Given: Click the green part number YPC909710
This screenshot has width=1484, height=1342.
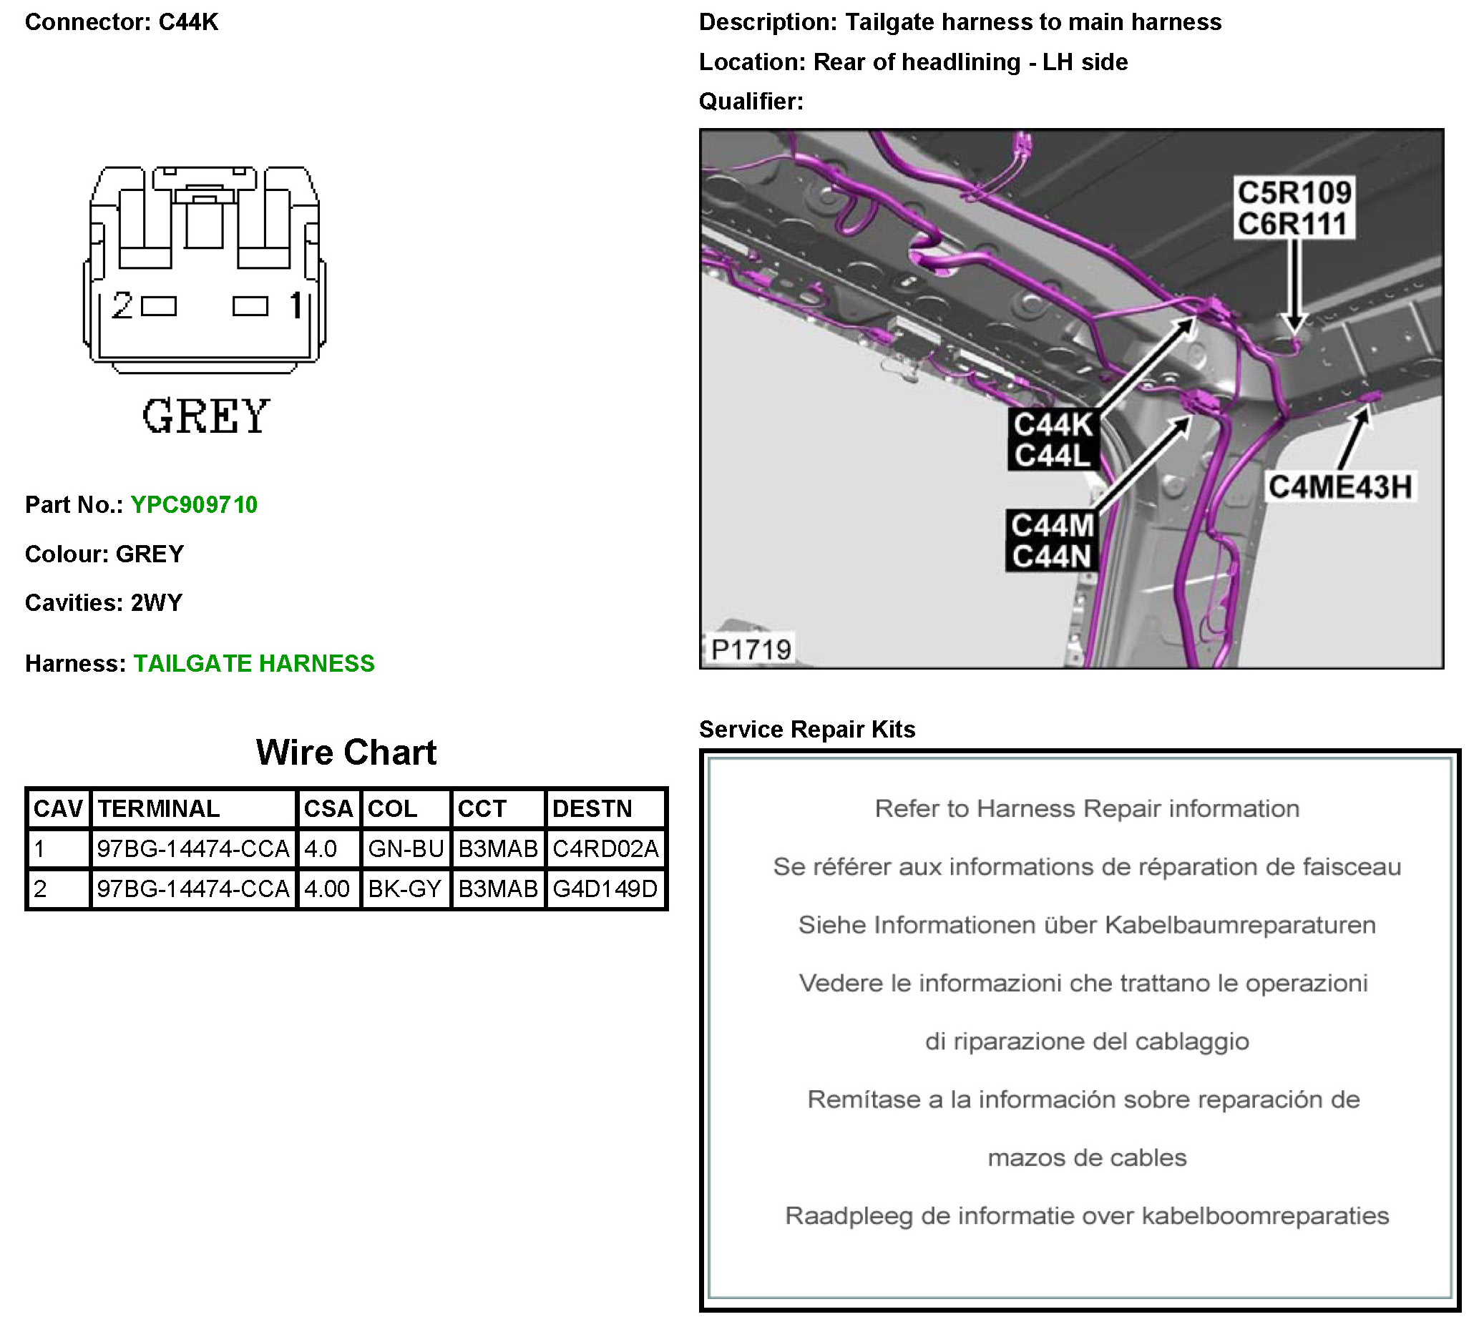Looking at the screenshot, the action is click(x=194, y=505).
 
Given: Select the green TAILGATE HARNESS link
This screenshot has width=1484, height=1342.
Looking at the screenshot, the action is click(x=254, y=664).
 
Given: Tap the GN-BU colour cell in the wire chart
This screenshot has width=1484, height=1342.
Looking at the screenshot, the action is click(x=406, y=849).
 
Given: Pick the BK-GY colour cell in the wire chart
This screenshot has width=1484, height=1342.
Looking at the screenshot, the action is click(x=404, y=888).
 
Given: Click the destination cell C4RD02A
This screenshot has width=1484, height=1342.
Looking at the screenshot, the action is click(x=605, y=849).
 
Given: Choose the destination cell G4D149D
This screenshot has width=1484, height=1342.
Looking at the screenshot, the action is click(x=605, y=888).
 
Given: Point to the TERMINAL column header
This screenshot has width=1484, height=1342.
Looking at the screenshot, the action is click(x=159, y=808).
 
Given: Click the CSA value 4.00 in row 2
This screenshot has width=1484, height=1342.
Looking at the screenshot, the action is click(x=327, y=888).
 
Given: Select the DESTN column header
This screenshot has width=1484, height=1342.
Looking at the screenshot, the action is click(x=592, y=808).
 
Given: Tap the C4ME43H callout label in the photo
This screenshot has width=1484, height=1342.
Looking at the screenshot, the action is click(x=1339, y=487).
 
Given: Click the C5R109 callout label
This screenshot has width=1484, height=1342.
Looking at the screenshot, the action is click(x=1294, y=192).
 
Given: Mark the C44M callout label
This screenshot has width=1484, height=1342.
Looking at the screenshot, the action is click(x=1052, y=526).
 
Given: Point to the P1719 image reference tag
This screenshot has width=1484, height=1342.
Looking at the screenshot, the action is click(x=750, y=650).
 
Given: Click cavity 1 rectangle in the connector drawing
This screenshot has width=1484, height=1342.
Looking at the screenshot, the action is click(x=250, y=306).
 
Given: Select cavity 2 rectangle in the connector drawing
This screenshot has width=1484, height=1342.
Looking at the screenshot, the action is click(x=159, y=306).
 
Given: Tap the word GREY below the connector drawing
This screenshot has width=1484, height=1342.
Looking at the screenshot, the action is click(x=206, y=416).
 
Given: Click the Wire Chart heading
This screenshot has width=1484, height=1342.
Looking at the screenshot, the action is click(x=346, y=753).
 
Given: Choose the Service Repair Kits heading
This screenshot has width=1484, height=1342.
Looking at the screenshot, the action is click(x=807, y=729).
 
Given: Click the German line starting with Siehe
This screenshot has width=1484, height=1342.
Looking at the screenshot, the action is click(x=1086, y=925).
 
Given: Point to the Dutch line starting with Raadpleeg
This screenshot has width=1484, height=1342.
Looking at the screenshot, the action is click(x=1086, y=1215).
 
